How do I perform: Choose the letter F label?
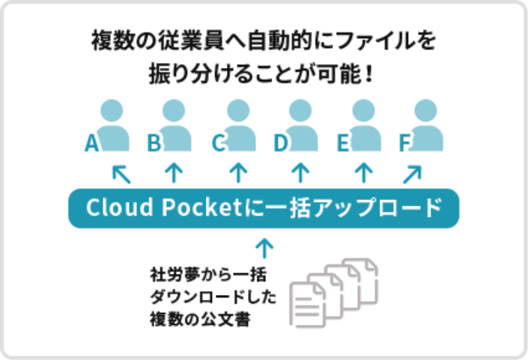[405, 143]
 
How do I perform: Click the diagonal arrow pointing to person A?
[121, 174]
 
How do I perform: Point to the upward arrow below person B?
[174, 174]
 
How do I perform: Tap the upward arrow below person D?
[300, 174]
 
